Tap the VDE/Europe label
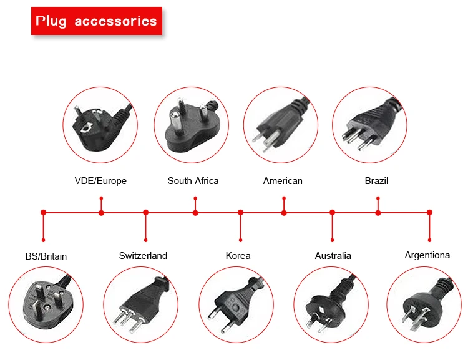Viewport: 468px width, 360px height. pyautogui.click(x=100, y=181)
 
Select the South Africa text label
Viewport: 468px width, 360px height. pyautogui.click(x=193, y=181)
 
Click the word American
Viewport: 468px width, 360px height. pyautogui.click(x=283, y=181)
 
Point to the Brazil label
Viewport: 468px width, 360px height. pyautogui.click(x=376, y=181)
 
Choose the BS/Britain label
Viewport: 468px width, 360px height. pyautogui.click(x=46, y=256)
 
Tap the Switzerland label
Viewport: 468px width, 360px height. pyautogui.click(x=143, y=255)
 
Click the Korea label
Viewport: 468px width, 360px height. pyautogui.click(x=238, y=255)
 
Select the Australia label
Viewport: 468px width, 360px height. pyautogui.click(x=333, y=255)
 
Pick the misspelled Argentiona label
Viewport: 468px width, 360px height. pyautogui.click(x=427, y=255)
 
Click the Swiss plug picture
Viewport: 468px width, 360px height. pyautogui.click(x=140, y=304)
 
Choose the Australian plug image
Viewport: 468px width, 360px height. pyautogui.click(x=331, y=304)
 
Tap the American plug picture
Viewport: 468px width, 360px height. pyautogui.click(x=280, y=123)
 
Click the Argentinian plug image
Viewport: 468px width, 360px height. pyautogui.click(x=424, y=304)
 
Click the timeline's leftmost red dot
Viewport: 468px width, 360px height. pyautogui.click(x=43, y=213)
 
